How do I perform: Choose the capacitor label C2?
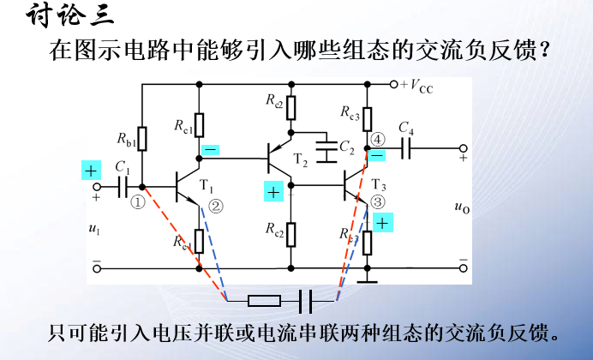[x=346, y=147]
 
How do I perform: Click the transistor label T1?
[x=207, y=186]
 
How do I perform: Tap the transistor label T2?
[x=299, y=160]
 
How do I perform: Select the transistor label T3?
[x=379, y=186]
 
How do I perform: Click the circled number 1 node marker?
[x=137, y=203]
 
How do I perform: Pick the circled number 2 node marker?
[x=215, y=206]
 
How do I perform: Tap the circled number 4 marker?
[x=378, y=138]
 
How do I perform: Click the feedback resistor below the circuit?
[x=263, y=301]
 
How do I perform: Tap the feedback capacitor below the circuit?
[x=304, y=301]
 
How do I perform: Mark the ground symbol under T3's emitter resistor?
[x=367, y=276]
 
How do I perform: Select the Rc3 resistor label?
[x=349, y=112]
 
